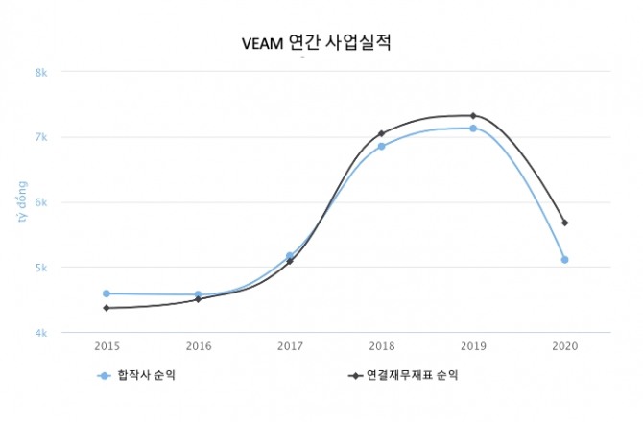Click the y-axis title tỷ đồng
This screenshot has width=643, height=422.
pos(21,202)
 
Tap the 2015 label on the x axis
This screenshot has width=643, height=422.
pos(107,344)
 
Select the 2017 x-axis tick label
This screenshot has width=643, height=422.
pos(290,344)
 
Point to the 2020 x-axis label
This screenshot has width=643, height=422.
pos(564,344)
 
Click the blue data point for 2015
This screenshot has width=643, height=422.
pos(107,293)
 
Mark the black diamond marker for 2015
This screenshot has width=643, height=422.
pos(107,308)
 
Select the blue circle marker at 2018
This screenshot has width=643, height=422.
pos(381,146)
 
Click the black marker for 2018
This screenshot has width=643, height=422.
pos(381,133)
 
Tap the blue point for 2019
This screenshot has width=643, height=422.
pos(473,128)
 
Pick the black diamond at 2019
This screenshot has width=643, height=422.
pos(473,116)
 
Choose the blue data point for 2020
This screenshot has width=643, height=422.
pos(564,259)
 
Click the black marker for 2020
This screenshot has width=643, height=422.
pos(564,223)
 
